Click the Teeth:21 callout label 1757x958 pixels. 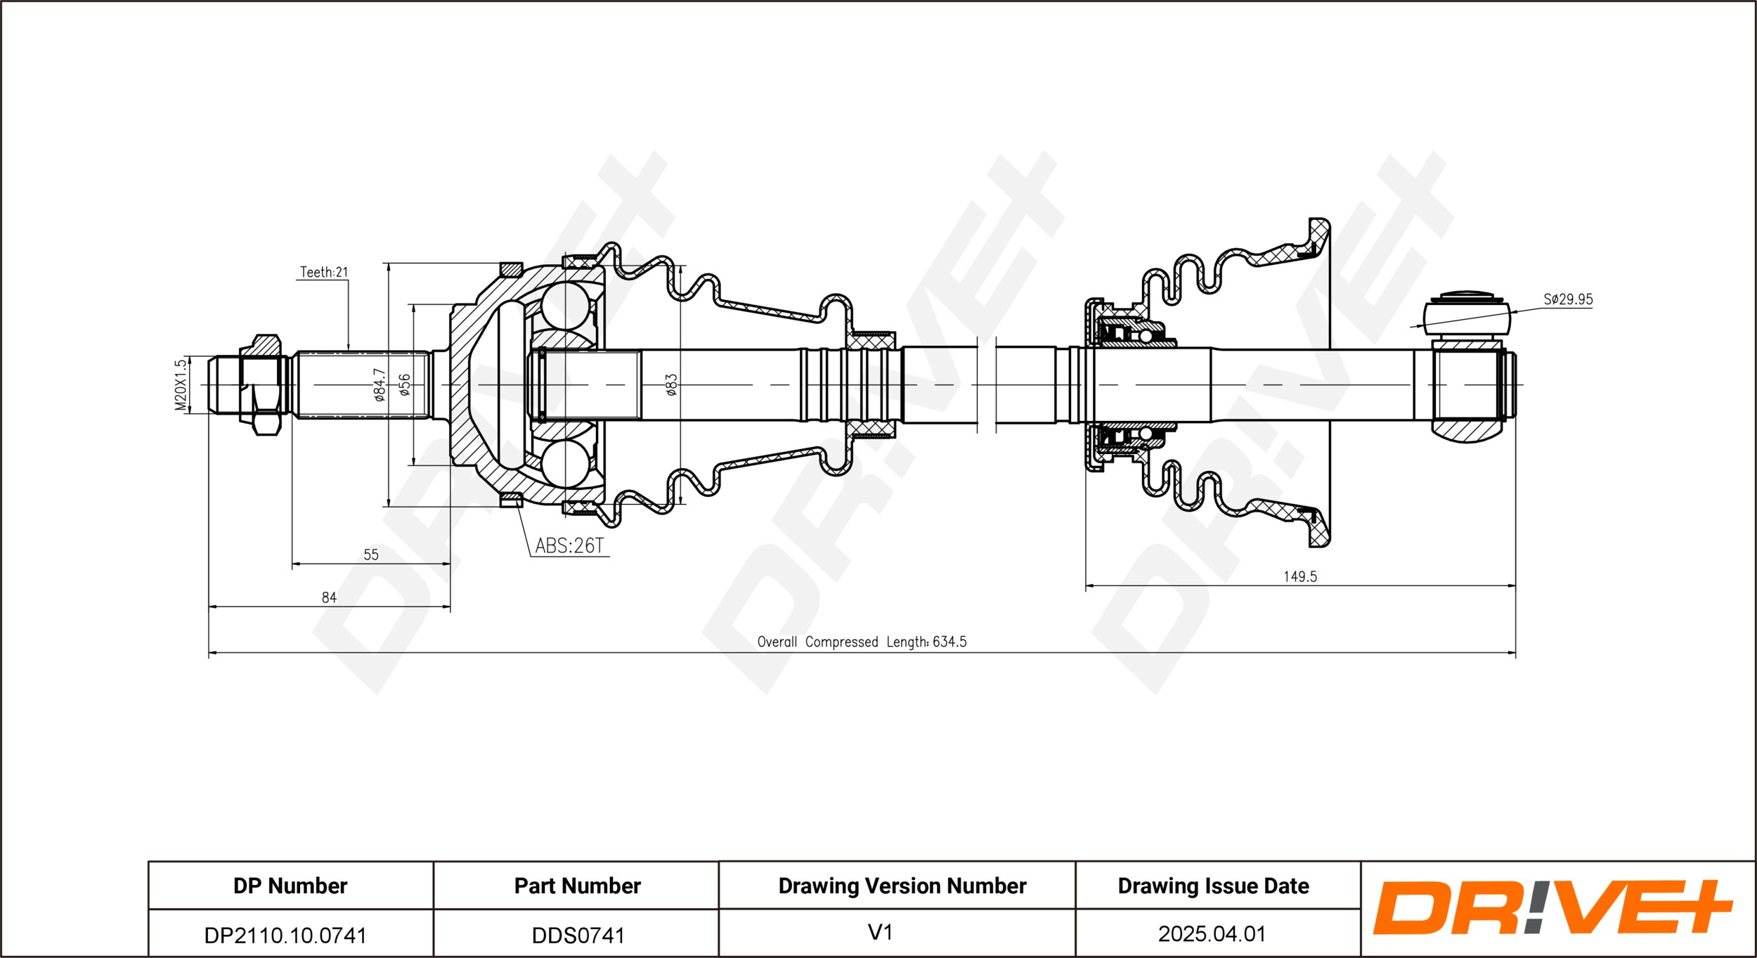[324, 272]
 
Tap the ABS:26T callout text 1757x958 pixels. [569, 546]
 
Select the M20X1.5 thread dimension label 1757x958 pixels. [181, 384]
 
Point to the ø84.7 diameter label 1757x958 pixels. [380, 384]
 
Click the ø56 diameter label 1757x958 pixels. [404, 384]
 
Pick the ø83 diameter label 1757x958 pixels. [671, 384]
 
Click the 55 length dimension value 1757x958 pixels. [371, 555]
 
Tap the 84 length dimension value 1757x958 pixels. [329, 597]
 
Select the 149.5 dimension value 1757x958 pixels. [1300, 576]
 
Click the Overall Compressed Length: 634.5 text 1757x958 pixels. [862, 642]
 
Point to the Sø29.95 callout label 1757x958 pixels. [1568, 299]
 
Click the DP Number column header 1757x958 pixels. [290, 886]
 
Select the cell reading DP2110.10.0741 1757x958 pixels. [285, 936]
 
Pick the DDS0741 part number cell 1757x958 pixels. [578, 936]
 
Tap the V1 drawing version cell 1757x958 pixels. [880, 933]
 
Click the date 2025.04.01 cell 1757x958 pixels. [1212, 934]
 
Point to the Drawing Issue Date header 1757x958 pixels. [1214, 886]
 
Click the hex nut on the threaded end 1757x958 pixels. [261, 384]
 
